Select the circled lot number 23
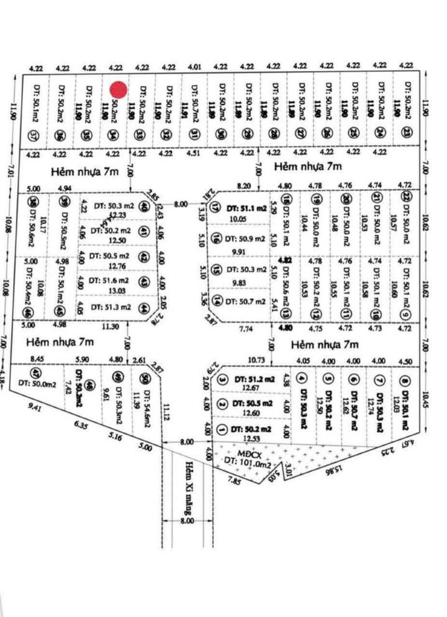[405, 132]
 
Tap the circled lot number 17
[216, 208]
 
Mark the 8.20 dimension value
[244, 185]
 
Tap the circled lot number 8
[405, 381]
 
